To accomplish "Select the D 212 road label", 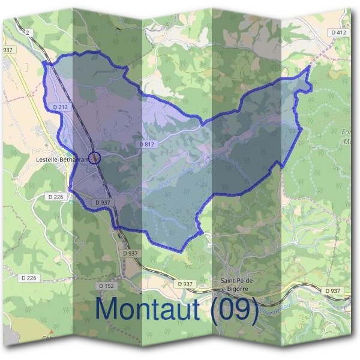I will click(61, 107).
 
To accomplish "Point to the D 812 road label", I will click(147, 145).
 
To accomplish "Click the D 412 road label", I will click(338, 32).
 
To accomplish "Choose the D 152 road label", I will click(106, 286).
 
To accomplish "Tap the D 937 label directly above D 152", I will click(130, 254).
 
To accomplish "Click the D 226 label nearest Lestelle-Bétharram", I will click(55, 196).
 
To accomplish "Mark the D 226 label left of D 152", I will click(29, 278).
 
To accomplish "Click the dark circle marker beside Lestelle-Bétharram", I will click(94, 158).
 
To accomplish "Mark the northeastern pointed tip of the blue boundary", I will click(308, 66).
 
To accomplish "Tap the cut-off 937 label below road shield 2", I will click(7, 49).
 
